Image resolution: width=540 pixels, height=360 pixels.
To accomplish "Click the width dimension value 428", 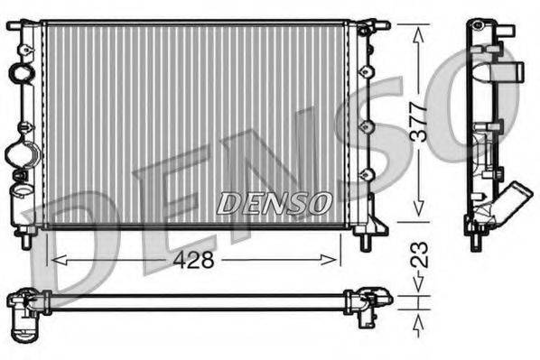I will click(x=192, y=260).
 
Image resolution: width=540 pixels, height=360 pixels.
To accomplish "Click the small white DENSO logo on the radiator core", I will click(x=274, y=203).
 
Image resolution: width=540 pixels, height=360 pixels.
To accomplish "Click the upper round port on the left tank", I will click(x=18, y=71).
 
